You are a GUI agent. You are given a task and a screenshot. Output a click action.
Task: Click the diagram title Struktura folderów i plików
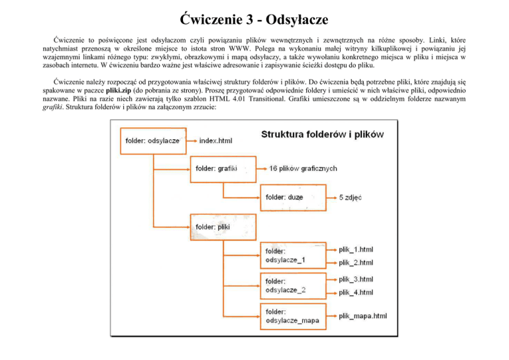coord(323,134)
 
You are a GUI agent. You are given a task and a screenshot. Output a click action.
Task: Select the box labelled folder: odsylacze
coord(152,140)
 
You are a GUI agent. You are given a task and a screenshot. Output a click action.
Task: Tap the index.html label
coord(216,140)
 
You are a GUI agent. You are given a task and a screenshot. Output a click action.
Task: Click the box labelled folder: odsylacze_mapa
coord(292,316)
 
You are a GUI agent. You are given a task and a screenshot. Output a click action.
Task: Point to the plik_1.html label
coord(356,250)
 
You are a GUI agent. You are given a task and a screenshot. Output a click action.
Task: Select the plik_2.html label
coord(356,263)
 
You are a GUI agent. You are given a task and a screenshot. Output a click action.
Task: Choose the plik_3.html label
coord(356,279)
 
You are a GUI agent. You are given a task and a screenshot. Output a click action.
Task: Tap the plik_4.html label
coord(356,292)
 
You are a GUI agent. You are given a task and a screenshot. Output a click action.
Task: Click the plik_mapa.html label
coord(362,316)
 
